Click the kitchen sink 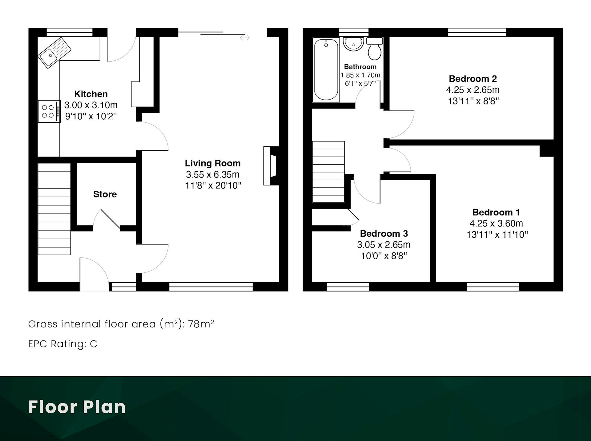click(x=54, y=53)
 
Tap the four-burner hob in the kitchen click(x=49, y=111)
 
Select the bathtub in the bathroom click(x=326, y=70)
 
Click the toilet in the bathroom click(x=375, y=49)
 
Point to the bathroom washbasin click(x=353, y=44)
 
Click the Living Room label click(x=213, y=163)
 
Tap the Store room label click(x=105, y=194)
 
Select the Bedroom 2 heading click(x=473, y=79)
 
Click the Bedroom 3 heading click(x=384, y=234)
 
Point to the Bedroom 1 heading click(x=496, y=212)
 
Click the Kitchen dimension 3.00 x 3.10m click(x=91, y=105)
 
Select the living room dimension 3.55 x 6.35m click(x=213, y=174)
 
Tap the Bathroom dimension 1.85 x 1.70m click(x=360, y=75)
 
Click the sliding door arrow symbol click(x=245, y=38)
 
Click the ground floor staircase click(x=54, y=209)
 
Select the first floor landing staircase click(x=328, y=172)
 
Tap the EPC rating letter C click(x=94, y=344)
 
